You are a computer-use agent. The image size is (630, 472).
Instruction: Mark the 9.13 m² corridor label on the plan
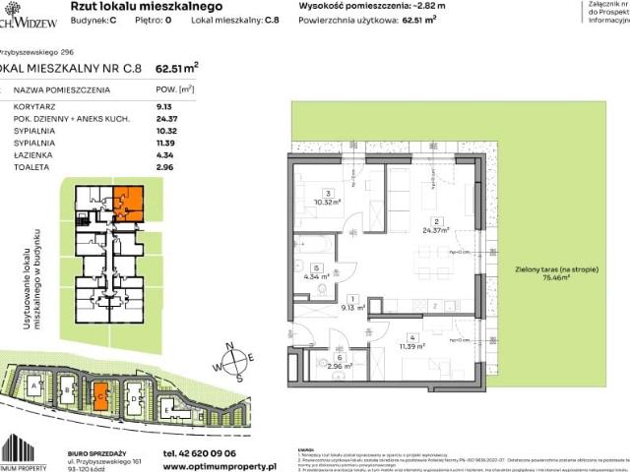tap(353, 307)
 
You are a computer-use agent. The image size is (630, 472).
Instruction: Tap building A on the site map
tap(37, 386)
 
